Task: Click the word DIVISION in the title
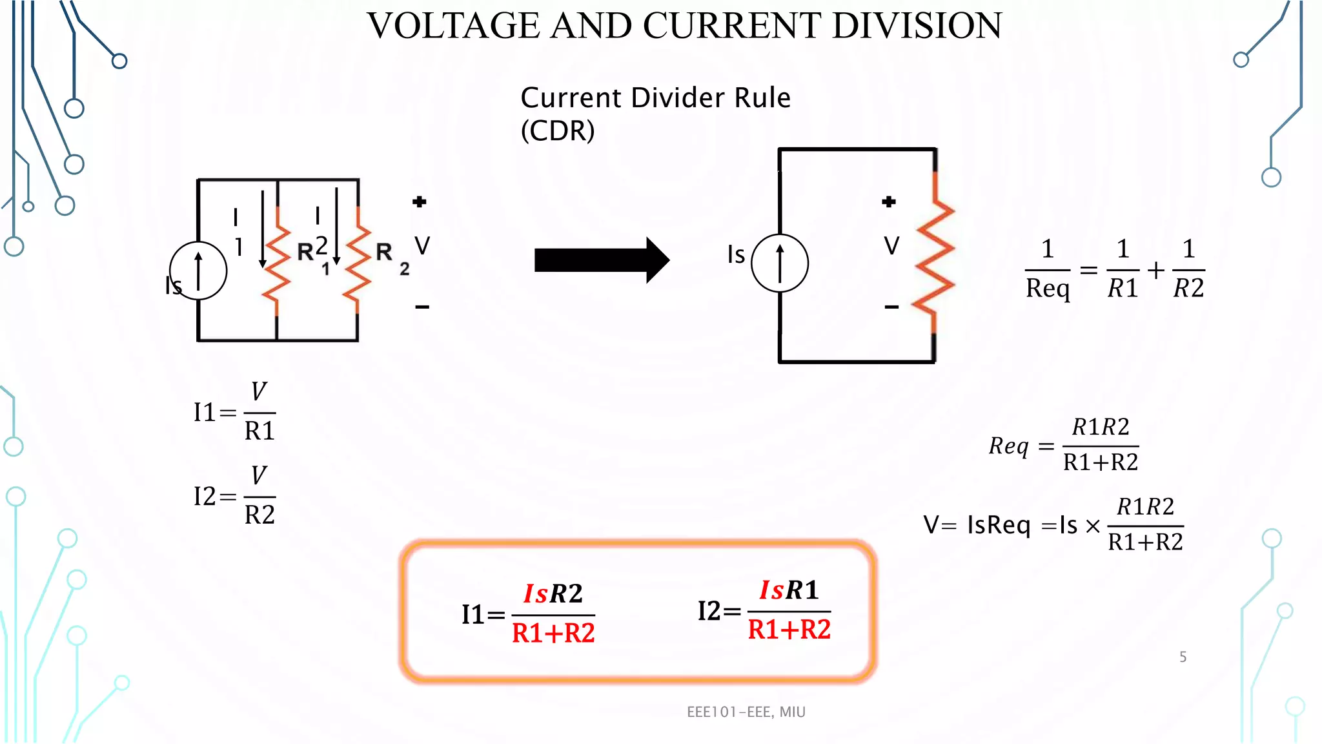[917, 26]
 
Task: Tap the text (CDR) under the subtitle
[557, 131]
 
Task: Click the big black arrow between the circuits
[601, 260]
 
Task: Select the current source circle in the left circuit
[198, 271]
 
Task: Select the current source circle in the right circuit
[780, 263]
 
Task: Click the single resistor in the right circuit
[934, 258]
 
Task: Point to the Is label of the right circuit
[736, 254]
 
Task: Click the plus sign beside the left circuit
[420, 202]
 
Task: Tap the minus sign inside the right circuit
[891, 307]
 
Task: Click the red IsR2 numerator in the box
[553, 594]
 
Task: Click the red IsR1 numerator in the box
[789, 590]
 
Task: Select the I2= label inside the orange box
[718, 611]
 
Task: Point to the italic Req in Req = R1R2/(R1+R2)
[1008, 446]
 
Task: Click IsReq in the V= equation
[998, 525]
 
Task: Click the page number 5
[1183, 657]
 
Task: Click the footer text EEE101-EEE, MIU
[746, 712]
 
